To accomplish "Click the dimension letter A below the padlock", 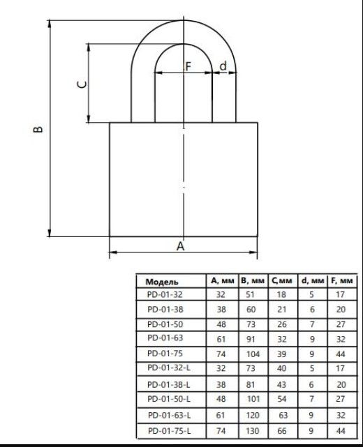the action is [x=180, y=245].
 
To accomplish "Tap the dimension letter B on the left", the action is [x=38, y=129].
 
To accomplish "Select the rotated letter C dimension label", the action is [x=82, y=84].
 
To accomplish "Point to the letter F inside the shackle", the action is [x=188, y=66].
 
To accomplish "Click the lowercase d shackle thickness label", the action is [x=223, y=66].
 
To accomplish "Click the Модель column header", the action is [x=162, y=282].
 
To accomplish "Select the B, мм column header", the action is [x=253, y=281].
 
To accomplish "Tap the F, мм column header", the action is [x=342, y=281].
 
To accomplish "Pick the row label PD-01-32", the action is [x=165, y=294].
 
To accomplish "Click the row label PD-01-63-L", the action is [x=170, y=415].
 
